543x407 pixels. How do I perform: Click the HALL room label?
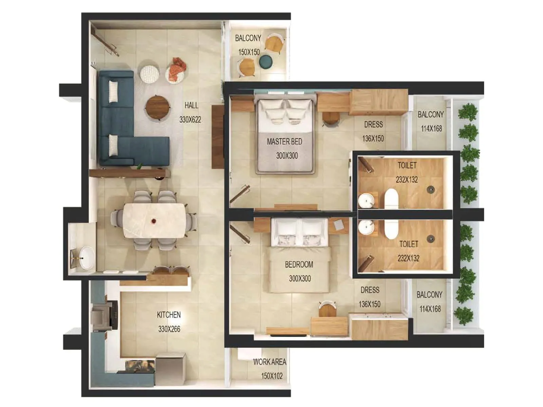pos(191,105)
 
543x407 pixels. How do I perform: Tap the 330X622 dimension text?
pos(190,119)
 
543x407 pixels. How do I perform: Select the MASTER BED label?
pos(284,141)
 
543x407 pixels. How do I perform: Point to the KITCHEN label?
pos(169,315)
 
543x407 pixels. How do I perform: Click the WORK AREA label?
pos(269,362)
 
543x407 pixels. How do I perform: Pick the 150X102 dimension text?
pos(272,376)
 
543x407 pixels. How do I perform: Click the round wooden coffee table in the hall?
pos(158,107)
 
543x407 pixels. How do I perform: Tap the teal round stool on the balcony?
pos(266,62)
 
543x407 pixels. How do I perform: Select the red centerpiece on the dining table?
pos(154,221)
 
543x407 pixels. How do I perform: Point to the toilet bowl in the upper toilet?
pos(391,199)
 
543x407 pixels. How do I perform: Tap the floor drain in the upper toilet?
pos(431,189)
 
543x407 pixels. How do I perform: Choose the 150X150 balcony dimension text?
pos(249,52)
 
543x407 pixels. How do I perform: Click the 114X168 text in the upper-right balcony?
pos(431,129)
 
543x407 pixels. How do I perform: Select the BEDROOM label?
pos(299,264)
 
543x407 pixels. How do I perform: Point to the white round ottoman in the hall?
pos(150,74)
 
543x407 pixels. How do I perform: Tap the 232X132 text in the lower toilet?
pos(408,258)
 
